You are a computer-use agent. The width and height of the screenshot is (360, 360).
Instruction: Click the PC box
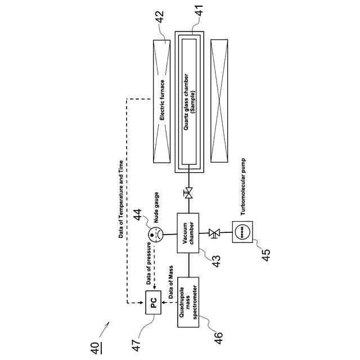tap(154, 304)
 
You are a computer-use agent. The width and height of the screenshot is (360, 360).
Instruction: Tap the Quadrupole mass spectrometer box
tap(188, 304)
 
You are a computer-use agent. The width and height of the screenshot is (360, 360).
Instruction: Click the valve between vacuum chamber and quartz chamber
tap(189, 193)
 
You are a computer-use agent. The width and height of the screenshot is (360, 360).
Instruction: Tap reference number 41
tap(199, 11)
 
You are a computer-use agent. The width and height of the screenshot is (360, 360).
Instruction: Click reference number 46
tap(218, 336)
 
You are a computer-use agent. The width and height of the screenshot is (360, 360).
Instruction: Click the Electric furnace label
tap(162, 102)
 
